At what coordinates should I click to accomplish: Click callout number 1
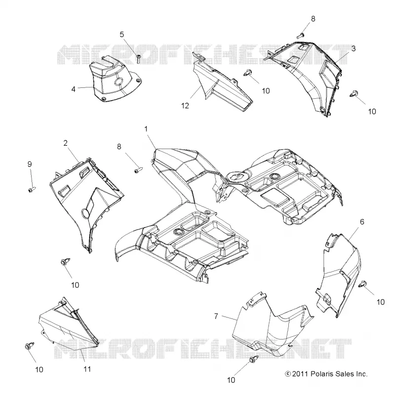click(146, 129)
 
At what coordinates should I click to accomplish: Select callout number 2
click(66, 143)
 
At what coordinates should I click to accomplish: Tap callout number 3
click(354, 48)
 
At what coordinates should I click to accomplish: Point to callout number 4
click(73, 89)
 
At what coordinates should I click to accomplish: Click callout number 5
click(122, 34)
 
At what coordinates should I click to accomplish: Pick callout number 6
click(362, 222)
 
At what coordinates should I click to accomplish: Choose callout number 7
click(216, 316)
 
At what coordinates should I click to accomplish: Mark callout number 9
click(30, 164)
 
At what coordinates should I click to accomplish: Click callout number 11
click(87, 369)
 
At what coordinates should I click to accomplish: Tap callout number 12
click(185, 106)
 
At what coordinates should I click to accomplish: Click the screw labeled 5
click(139, 59)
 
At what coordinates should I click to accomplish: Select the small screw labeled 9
click(32, 189)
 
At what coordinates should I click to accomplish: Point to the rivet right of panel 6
click(362, 283)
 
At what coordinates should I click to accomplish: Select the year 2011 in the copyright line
click(300, 374)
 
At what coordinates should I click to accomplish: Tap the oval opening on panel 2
click(85, 213)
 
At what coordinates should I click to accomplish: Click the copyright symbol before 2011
click(288, 374)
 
